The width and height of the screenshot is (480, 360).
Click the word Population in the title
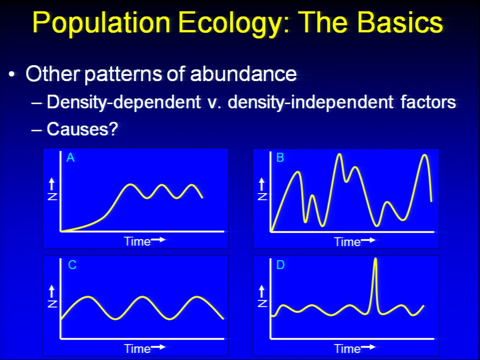[x=101, y=22]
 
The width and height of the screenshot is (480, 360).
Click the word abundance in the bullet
[x=243, y=73]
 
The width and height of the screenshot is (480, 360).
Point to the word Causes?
[x=82, y=129]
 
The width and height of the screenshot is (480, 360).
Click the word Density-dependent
[x=123, y=102]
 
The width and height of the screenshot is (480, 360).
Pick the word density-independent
[x=310, y=102]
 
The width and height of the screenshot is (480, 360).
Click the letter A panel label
[x=70, y=157]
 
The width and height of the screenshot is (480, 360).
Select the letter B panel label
[x=280, y=157]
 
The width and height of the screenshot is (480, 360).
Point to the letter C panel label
[x=72, y=265]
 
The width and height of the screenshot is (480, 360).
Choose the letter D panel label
[x=280, y=265]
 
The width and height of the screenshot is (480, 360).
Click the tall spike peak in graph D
[x=375, y=259]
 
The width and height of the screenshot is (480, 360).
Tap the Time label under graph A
[x=137, y=241]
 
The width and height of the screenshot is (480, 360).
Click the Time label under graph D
[x=347, y=348]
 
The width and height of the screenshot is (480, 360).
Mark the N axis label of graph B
[x=262, y=196]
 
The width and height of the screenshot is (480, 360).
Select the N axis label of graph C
[x=52, y=303]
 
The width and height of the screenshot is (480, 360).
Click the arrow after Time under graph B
[x=368, y=240]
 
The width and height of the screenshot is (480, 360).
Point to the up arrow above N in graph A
[x=51, y=184]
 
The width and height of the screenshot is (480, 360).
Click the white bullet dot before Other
[x=11, y=74]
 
